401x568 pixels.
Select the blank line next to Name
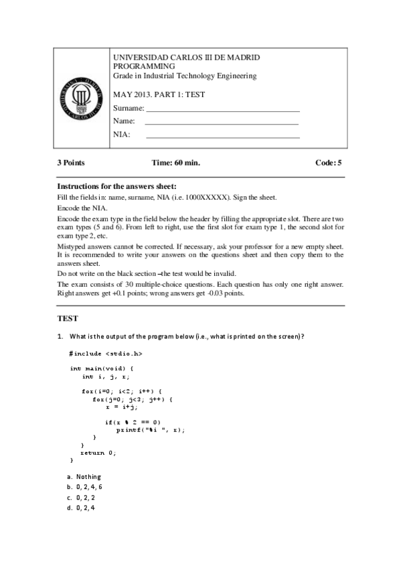click(x=222, y=124)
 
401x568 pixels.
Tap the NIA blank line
click(x=222, y=137)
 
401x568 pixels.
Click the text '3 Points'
click(x=71, y=163)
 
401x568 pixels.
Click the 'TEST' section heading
click(x=68, y=319)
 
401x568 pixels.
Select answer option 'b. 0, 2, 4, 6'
click(x=88, y=487)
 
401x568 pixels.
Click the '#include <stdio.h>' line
click(x=106, y=352)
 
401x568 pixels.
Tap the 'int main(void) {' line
click(x=102, y=368)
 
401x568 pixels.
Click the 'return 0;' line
click(x=98, y=453)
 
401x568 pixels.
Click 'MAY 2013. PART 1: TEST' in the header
click(x=159, y=94)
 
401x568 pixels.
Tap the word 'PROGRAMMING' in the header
click(x=145, y=67)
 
